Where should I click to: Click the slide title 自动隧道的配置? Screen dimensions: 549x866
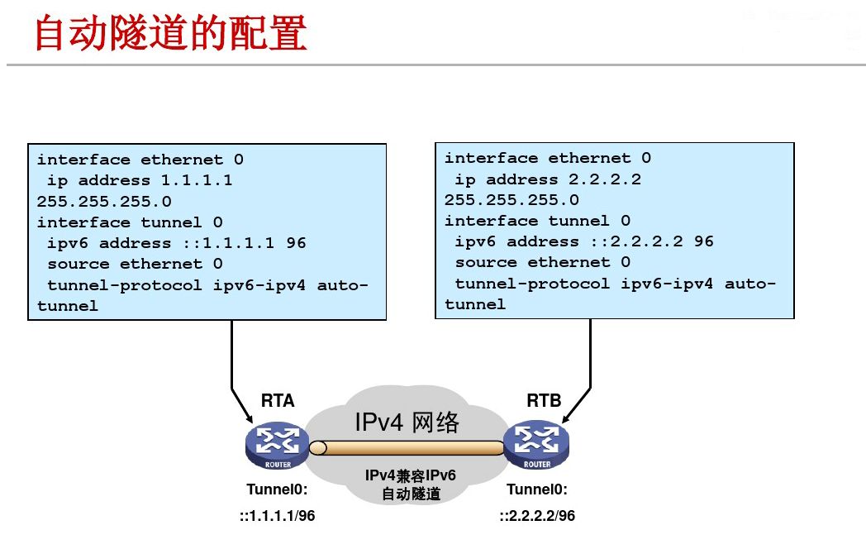(170, 35)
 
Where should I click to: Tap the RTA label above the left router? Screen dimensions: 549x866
(278, 401)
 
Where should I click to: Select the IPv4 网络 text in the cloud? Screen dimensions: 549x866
(406, 422)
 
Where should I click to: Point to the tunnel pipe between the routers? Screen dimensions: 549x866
(406, 448)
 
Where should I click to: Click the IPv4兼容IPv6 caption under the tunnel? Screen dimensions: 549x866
(411, 476)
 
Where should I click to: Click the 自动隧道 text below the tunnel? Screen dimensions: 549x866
(411, 494)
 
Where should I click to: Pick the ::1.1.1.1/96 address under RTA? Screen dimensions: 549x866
(278, 516)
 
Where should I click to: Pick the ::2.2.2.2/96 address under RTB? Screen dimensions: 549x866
(537, 516)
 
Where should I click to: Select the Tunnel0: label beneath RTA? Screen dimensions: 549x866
(277, 489)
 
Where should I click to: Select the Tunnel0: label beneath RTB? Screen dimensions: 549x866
(537, 489)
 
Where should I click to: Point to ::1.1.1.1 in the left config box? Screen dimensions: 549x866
(229, 243)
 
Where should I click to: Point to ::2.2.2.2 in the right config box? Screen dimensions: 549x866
(636, 241)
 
